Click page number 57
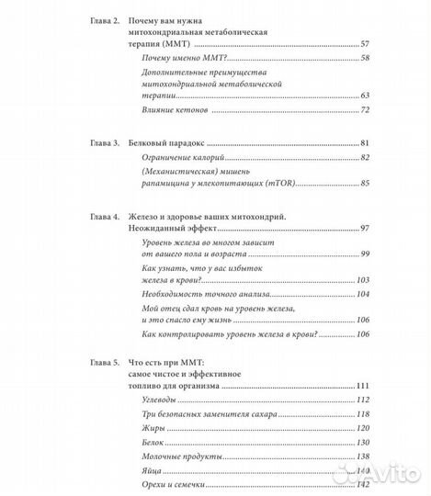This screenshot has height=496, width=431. tap(364, 43)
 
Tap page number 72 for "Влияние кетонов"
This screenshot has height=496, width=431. tap(364, 110)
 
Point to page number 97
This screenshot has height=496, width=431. tap(364, 227)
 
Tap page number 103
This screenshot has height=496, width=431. tap(362, 279)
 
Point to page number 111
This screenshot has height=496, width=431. tap(362, 386)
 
